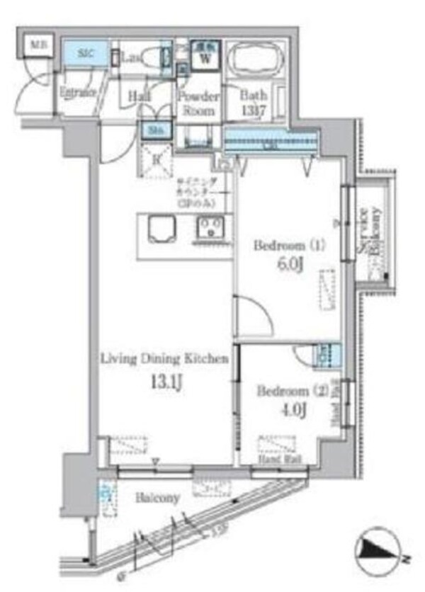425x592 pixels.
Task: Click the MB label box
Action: pyautogui.click(x=34, y=47)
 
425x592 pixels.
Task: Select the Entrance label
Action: pyautogui.click(x=77, y=92)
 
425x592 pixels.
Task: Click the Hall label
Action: pyautogui.click(x=138, y=97)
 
